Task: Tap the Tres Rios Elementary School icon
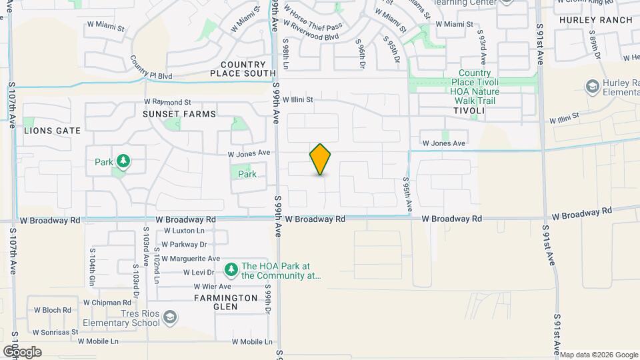pyautogui.click(x=170, y=316)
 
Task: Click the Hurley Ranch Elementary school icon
pyautogui.click(x=591, y=86)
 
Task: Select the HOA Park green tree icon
pyautogui.click(x=231, y=269)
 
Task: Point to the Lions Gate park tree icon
pyautogui.click(x=122, y=161)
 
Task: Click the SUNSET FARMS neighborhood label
pyautogui.click(x=179, y=114)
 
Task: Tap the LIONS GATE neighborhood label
pyautogui.click(x=52, y=131)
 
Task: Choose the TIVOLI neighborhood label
pyautogui.click(x=468, y=111)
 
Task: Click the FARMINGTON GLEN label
pyautogui.click(x=226, y=302)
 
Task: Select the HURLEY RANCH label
pyautogui.click(x=595, y=20)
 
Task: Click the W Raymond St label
pyautogui.click(x=167, y=102)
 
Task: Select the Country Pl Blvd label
pyautogui.click(x=151, y=71)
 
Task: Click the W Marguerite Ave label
pyautogui.click(x=191, y=259)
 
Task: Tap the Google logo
pyautogui.click(x=22, y=351)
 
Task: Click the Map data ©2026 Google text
pyautogui.click(x=598, y=355)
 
